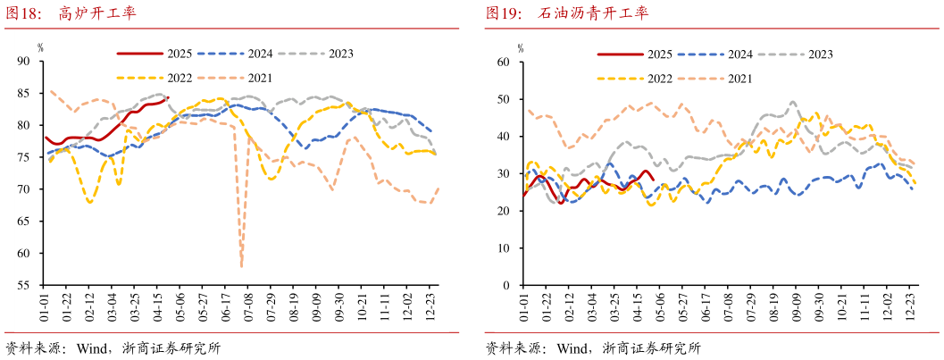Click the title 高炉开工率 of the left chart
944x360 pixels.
click(x=97, y=13)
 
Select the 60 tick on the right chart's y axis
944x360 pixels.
click(x=504, y=62)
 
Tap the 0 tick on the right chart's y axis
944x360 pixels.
click(x=506, y=286)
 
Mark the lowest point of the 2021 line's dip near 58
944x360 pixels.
click(x=242, y=265)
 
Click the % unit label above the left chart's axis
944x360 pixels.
click(x=40, y=46)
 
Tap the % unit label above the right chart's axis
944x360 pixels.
click(x=521, y=46)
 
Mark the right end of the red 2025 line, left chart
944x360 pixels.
click(x=168, y=97)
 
